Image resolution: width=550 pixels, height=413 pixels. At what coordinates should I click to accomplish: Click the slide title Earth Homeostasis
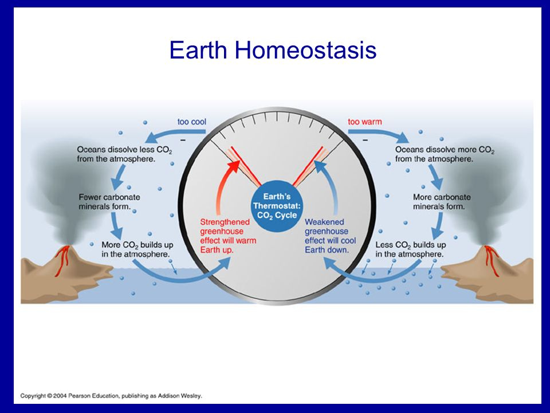pos(273,50)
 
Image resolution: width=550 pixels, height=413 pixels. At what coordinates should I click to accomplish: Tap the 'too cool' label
pos(191,122)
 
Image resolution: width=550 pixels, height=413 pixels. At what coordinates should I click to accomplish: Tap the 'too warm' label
pos(365,122)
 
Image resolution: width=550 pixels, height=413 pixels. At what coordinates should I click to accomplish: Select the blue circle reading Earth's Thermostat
pos(277,206)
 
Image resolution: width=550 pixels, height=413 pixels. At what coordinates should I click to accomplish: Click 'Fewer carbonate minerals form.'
pos(109,202)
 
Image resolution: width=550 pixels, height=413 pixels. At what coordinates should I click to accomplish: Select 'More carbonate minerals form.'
pos(442,202)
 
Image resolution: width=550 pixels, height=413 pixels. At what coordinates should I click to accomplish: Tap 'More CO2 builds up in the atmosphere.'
pos(137,250)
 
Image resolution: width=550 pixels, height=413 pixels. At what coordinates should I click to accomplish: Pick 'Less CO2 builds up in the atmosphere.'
pos(410,250)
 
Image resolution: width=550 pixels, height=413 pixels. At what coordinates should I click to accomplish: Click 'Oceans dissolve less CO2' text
pos(124,154)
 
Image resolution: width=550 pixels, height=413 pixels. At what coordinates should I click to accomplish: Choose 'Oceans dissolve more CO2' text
pos(445,154)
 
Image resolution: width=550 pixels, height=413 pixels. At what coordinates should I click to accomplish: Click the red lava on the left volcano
pos(62,260)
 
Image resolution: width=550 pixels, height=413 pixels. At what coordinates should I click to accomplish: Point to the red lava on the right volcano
pos(491,260)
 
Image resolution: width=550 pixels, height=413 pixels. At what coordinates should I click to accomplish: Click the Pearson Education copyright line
pos(111,396)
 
